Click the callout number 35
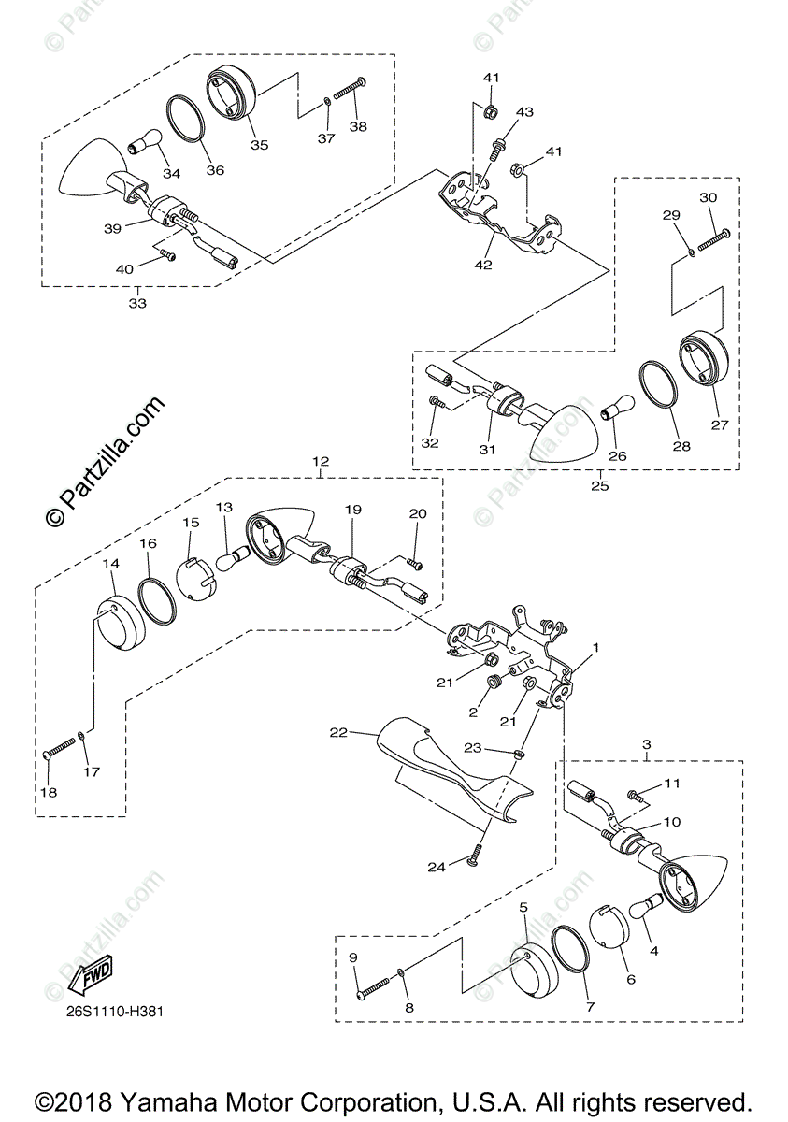(x=259, y=145)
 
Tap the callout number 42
(x=482, y=265)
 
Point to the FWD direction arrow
(x=91, y=975)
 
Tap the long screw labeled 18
(x=60, y=747)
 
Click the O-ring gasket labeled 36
(x=190, y=119)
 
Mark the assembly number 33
(x=137, y=303)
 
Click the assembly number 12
(x=321, y=462)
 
